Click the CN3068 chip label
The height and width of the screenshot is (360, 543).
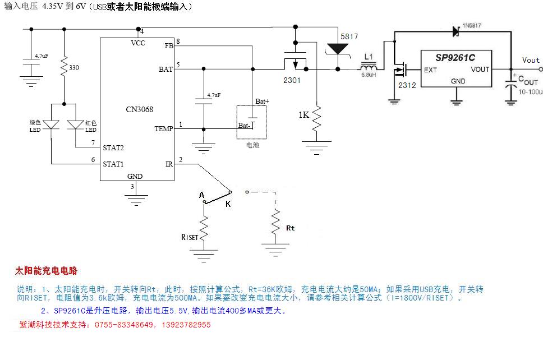click(139, 109)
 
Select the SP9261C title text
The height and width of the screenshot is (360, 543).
click(455, 57)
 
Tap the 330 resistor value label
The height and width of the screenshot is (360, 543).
click(73, 68)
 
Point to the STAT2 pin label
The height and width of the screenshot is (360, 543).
click(113, 148)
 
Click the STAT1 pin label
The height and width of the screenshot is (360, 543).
click(113, 164)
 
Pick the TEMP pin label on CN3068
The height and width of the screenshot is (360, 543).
click(164, 129)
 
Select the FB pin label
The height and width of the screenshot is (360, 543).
click(169, 46)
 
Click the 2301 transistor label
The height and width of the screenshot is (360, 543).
click(292, 80)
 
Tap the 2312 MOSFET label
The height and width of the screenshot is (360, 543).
click(407, 85)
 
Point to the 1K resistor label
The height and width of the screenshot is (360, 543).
click(303, 114)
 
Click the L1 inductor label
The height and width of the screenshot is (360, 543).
click(368, 57)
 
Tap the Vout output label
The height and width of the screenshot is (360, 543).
click(531, 60)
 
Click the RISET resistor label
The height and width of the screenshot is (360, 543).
click(190, 237)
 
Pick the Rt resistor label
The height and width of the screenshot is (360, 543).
click(290, 228)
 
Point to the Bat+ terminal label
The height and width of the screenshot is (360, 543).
click(263, 101)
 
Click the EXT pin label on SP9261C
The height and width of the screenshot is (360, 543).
click(430, 70)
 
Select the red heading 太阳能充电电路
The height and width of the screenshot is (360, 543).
click(45, 271)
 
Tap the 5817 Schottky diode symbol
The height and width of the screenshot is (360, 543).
click(337, 49)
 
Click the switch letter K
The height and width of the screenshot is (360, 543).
click(228, 204)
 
